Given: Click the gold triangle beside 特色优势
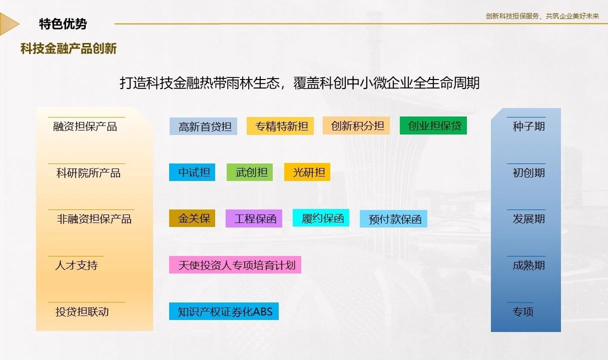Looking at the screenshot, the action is (x=8, y=24).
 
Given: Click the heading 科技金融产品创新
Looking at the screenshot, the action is (x=69, y=49).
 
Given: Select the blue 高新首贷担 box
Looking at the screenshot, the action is (x=203, y=126).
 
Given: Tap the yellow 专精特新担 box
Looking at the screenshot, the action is (x=280, y=126).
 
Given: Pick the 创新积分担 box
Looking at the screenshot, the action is (x=356, y=125).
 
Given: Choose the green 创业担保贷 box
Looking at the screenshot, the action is (x=433, y=125).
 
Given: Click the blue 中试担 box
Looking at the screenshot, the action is (x=192, y=172).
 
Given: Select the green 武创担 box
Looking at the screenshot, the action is (x=250, y=172).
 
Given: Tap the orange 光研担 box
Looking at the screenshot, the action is (x=307, y=171).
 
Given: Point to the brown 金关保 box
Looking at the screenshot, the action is (x=192, y=218).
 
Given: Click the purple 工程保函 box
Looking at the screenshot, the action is (x=254, y=218).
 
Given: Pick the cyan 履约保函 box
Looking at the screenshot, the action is (x=321, y=217).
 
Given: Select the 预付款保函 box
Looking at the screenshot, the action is (x=393, y=218).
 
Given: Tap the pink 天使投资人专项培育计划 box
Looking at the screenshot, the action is (x=235, y=265).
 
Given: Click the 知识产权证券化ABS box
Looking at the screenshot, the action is (x=224, y=311).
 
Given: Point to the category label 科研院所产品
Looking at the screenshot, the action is (x=88, y=173).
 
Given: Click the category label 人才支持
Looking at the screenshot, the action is (x=76, y=265).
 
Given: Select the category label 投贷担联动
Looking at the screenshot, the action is (x=82, y=311).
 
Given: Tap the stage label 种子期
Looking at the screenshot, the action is (x=528, y=126).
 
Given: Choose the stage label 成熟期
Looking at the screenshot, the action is (x=528, y=265).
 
